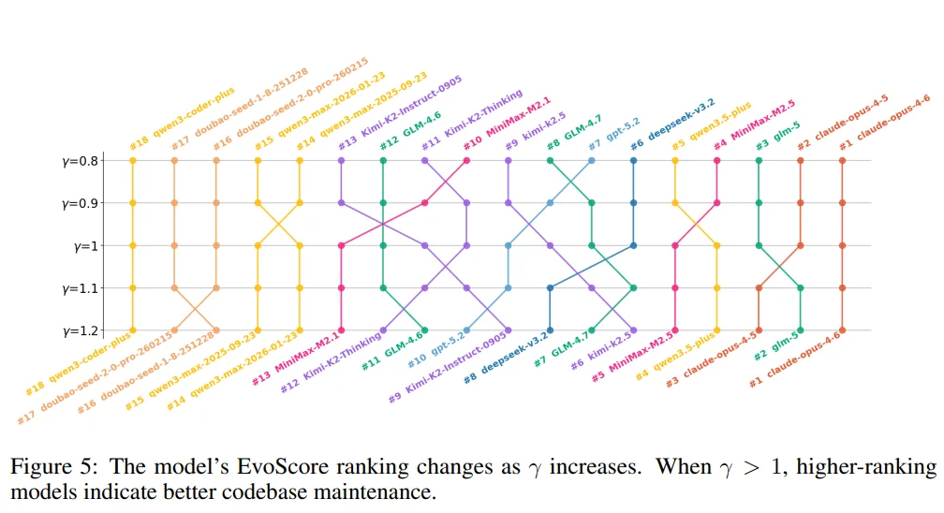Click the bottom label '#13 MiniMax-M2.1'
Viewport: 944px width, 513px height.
[298, 364]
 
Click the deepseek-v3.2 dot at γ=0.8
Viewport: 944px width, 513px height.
[633, 161]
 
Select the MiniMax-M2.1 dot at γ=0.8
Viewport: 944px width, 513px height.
[466, 161]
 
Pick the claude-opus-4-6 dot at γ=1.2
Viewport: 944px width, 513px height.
[842, 330]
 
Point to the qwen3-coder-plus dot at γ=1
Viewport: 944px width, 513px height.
[133, 245]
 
